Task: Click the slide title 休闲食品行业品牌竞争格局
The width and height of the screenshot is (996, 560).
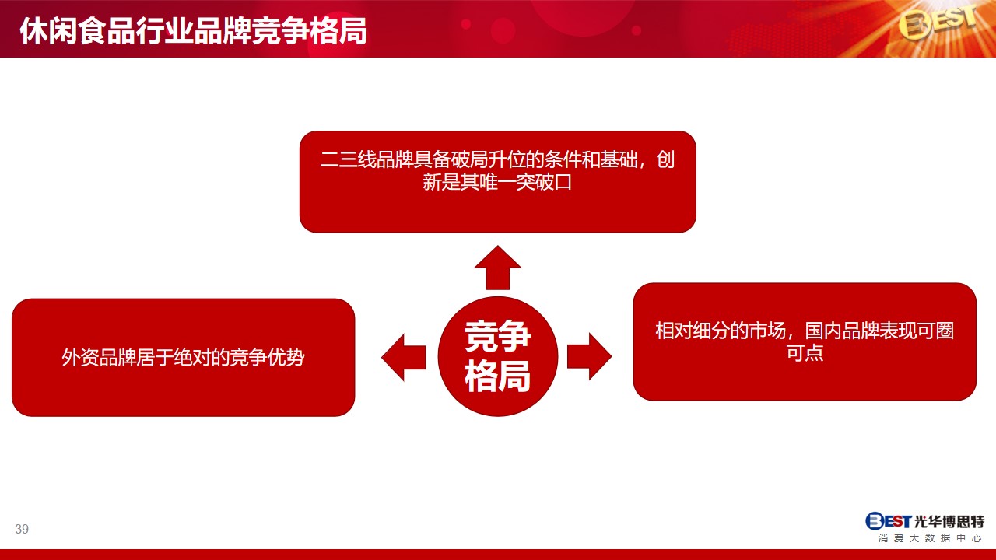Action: (x=194, y=31)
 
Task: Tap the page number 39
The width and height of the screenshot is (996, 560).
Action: (x=22, y=529)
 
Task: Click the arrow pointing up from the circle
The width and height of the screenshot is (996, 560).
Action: (x=497, y=268)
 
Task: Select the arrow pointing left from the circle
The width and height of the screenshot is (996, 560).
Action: (x=404, y=357)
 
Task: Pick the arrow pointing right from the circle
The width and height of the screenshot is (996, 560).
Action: (x=590, y=356)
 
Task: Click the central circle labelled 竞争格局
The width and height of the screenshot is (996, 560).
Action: (x=497, y=356)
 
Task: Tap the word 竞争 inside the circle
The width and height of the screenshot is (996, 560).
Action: (x=497, y=336)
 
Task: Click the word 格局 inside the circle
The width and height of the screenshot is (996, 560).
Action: (x=497, y=376)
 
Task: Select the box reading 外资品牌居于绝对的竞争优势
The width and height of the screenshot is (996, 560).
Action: (x=183, y=357)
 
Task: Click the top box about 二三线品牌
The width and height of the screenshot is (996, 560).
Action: (x=497, y=181)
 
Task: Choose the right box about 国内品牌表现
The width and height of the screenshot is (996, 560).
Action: (x=805, y=341)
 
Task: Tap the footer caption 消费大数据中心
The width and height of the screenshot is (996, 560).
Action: (x=930, y=538)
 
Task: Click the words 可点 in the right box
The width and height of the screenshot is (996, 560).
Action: (x=805, y=353)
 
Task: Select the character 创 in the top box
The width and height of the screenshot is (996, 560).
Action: (x=665, y=159)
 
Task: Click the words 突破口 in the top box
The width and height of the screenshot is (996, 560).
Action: (x=544, y=182)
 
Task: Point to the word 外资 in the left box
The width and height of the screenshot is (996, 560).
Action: (x=80, y=357)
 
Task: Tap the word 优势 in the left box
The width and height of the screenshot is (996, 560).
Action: (x=286, y=357)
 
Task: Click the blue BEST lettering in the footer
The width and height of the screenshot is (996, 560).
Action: (x=889, y=521)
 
